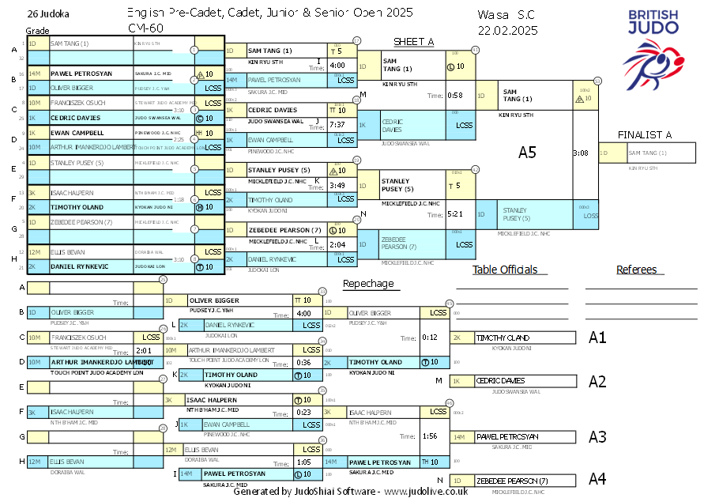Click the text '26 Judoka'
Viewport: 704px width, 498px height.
(47, 13)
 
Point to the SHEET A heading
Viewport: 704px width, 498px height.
(414, 42)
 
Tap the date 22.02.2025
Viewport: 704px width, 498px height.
(507, 30)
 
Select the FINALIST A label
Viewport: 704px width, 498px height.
(645, 134)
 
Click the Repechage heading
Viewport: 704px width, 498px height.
(367, 284)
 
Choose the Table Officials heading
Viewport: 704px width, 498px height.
(505, 270)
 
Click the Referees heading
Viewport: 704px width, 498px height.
(637, 270)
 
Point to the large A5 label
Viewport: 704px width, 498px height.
(527, 153)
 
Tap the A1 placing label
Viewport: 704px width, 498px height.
(597, 338)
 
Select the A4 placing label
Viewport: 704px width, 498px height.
(597, 479)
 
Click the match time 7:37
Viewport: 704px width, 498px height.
(337, 125)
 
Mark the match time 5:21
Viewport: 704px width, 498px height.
(455, 214)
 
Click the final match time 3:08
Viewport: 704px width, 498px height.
(580, 153)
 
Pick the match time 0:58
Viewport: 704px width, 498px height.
(455, 96)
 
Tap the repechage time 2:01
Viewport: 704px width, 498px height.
(144, 350)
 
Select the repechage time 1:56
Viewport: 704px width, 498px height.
(430, 436)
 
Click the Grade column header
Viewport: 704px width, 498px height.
(37, 30)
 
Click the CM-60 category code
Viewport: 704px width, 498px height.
(141, 28)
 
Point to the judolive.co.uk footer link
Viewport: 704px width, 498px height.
(427, 491)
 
